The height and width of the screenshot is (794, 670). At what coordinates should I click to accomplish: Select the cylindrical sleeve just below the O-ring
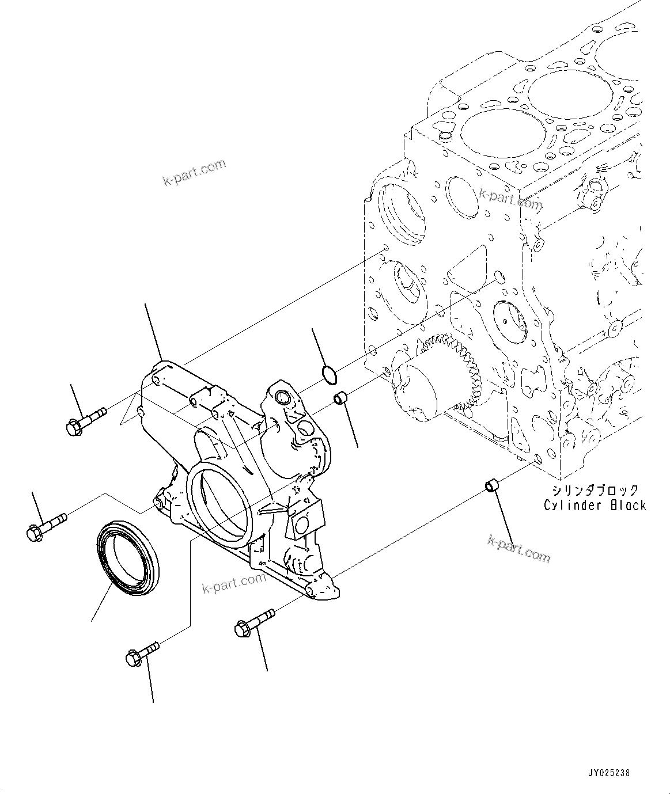pos(340,398)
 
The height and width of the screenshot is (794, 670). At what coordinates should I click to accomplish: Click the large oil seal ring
pos(126,557)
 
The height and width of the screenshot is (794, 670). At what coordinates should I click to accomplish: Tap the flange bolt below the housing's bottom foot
pos(254,623)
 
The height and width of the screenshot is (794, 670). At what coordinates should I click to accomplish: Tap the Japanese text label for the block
pos(595,490)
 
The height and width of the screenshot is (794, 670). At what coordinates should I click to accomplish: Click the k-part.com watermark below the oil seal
pos(234,584)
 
